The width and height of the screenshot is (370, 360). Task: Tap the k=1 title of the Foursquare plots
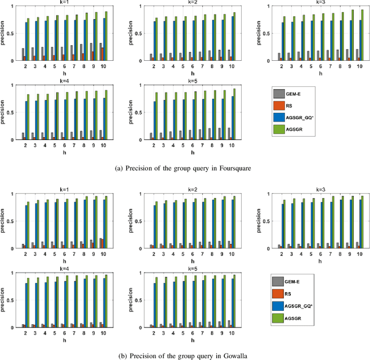(x=65, y=3)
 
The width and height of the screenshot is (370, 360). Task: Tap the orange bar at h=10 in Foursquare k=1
(x=103, y=54)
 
